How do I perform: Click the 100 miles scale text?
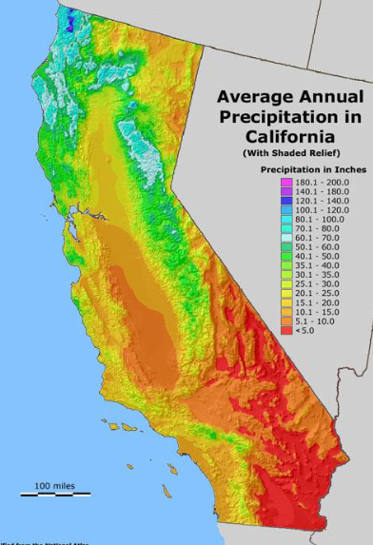pyautogui.click(x=55, y=486)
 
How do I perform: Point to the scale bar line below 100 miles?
pyautogui.click(x=55, y=495)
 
